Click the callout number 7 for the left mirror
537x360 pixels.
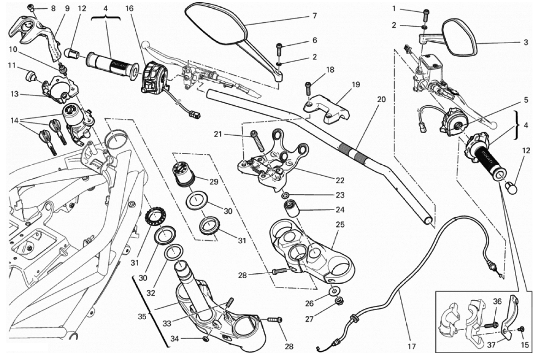[314, 15]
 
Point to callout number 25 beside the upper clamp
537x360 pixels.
[340, 224]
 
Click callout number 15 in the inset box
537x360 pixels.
[525, 345]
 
